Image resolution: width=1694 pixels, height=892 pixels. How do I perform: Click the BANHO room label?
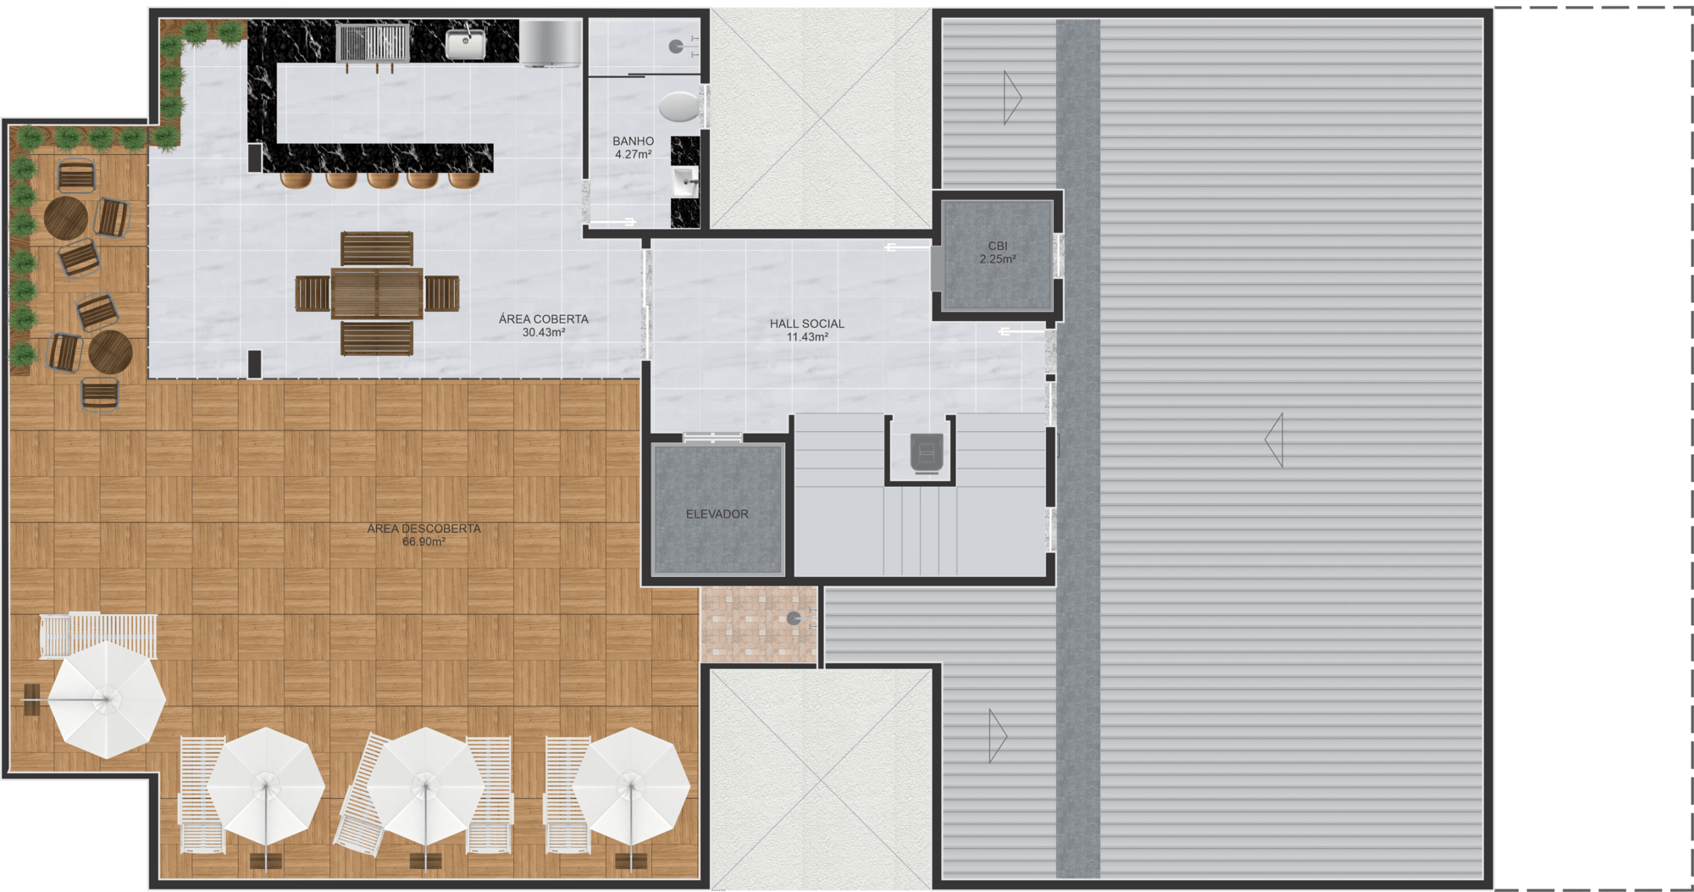633,141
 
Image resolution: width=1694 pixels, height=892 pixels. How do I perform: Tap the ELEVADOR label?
717,514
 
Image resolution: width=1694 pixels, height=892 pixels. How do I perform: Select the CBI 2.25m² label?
998,252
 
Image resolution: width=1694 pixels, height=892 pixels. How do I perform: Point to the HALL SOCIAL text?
806,324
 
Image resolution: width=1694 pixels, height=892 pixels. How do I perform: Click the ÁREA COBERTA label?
543,319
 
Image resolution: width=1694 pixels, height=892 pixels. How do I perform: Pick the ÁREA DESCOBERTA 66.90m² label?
423,535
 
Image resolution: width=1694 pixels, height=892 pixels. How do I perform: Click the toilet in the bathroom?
679,108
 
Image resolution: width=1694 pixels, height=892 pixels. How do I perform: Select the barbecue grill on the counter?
373,43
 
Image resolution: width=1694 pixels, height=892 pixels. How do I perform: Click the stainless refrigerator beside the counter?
551,43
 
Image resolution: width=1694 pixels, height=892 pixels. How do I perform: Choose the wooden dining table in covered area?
377,293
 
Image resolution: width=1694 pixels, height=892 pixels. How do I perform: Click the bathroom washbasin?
685,181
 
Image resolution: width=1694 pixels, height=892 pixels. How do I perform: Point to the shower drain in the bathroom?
676,47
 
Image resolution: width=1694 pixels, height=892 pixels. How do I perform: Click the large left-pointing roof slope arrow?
1274,440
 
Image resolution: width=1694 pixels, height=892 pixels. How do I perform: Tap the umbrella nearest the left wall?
106,699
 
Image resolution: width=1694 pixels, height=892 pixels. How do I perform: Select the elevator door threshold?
713,438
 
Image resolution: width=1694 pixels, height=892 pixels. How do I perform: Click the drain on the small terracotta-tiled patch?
794,618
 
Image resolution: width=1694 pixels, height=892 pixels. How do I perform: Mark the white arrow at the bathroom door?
612,222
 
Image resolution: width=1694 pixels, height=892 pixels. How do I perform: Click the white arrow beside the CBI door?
907,247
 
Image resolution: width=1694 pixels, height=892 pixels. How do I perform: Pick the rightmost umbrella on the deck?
631,786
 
